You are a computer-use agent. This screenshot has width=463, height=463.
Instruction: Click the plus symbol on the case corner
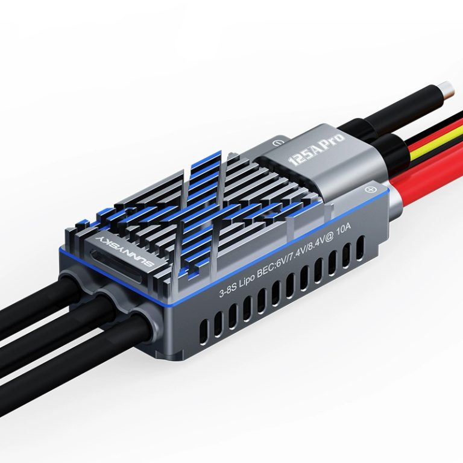pyautogui.click(x=370, y=189)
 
